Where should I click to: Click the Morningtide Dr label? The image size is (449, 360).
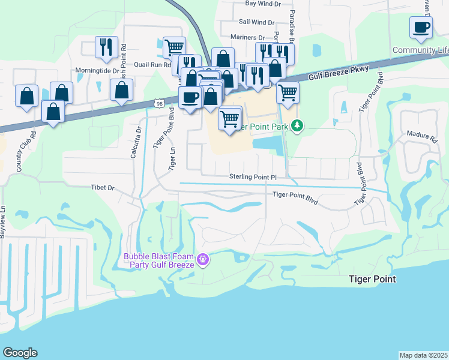(97, 70)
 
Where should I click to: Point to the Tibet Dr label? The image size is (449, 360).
(102, 188)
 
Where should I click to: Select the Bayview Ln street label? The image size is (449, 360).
(3, 222)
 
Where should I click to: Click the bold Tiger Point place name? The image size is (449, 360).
(373, 280)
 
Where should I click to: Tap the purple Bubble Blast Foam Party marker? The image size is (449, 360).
(203, 259)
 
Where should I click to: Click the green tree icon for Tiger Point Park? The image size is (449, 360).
(296, 126)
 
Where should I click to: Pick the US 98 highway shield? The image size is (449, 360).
(158, 103)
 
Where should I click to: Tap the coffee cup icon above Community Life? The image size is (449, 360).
(421, 27)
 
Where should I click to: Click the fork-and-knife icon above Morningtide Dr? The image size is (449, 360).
(106, 47)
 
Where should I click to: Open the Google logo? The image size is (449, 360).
(20, 353)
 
